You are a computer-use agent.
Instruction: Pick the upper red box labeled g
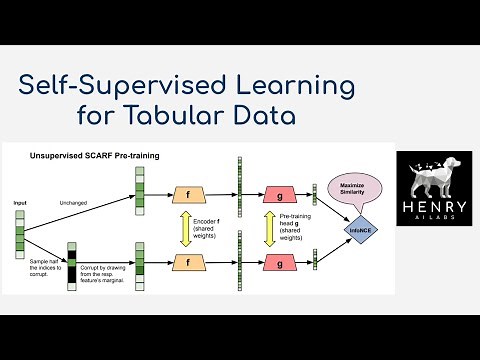(279, 194)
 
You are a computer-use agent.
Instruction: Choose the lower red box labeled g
(279, 263)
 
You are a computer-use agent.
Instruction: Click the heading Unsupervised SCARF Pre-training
(96, 157)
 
